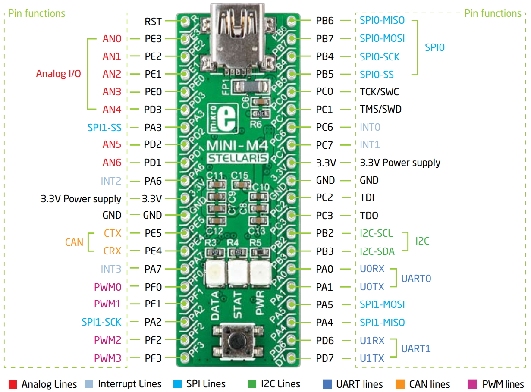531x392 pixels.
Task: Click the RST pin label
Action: tap(153, 21)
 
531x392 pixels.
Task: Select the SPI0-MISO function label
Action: tap(382, 21)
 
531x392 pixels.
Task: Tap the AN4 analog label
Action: tap(112, 110)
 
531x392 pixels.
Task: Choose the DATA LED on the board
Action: tap(216, 273)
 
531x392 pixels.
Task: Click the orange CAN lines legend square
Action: tap(399, 384)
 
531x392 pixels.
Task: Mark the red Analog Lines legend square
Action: tap(13, 384)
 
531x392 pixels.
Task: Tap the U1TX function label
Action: tap(372, 358)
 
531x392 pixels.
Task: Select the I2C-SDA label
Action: tap(377, 251)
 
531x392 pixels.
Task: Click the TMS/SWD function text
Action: tap(380, 110)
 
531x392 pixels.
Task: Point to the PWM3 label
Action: tap(107, 358)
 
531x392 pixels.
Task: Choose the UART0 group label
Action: tap(416, 278)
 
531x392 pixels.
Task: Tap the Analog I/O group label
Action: tap(58, 74)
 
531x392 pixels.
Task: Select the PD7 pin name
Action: tap(325, 358)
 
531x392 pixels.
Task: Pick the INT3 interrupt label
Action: tap(111, 269)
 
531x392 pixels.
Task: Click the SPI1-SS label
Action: tap(104, 127)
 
